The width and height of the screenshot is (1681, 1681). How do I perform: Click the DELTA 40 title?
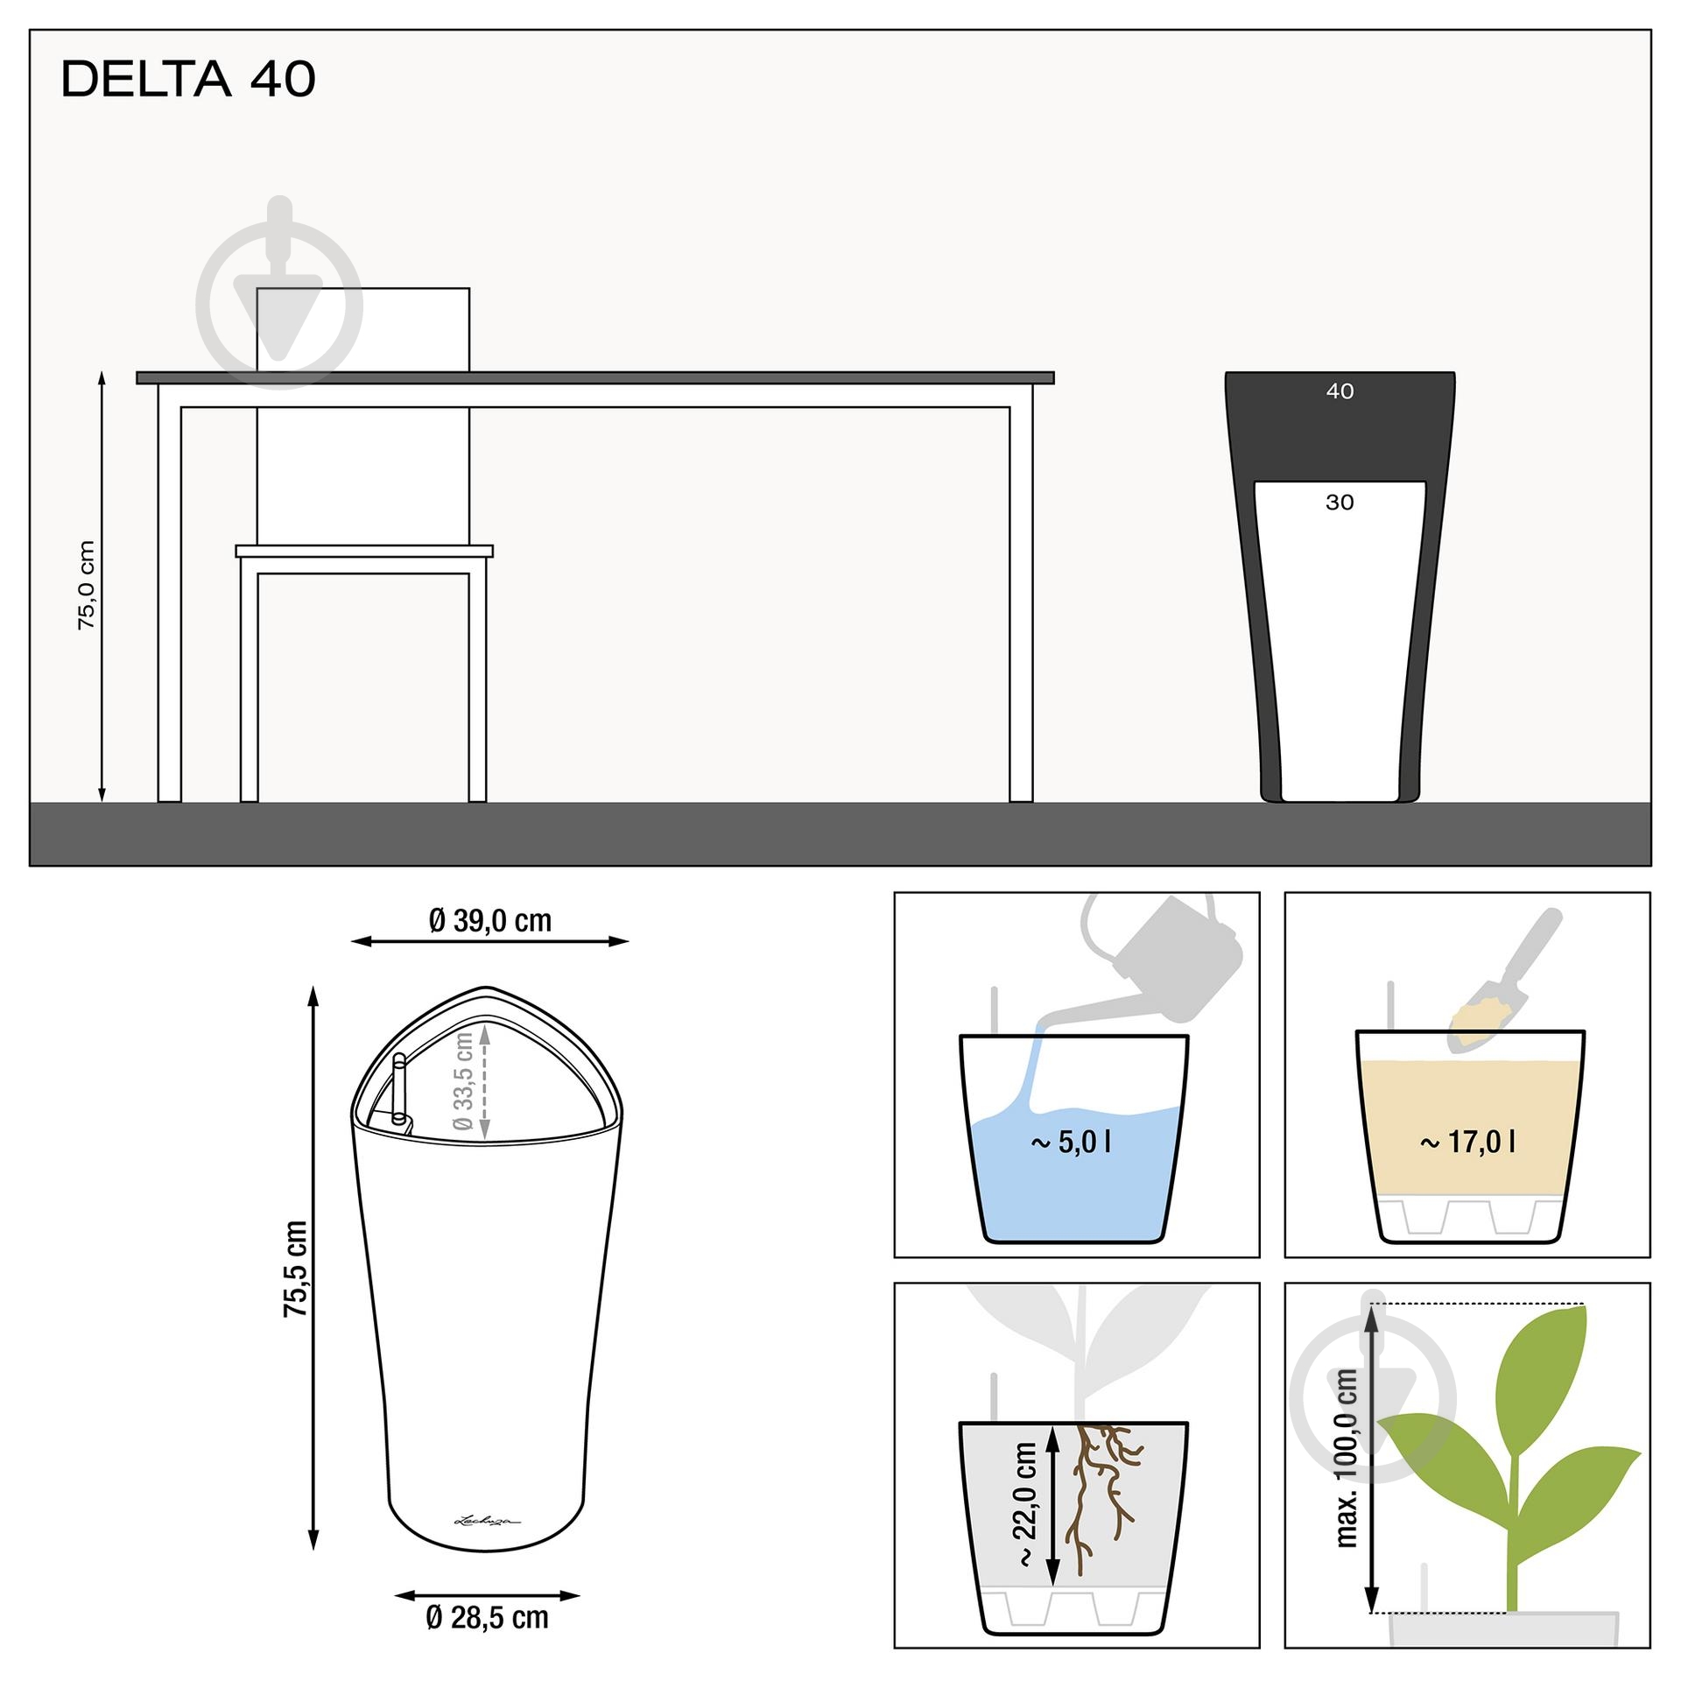pos(188,79)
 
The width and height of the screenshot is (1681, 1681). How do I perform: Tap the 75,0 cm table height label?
pos(86,585)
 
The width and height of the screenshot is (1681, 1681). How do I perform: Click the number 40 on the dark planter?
pos(1340,391)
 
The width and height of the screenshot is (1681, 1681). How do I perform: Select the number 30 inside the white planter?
pos(1340,503)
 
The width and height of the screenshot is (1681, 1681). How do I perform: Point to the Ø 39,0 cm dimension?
pos(490,920)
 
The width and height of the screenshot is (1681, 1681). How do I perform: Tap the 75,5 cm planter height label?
pos(296,1269)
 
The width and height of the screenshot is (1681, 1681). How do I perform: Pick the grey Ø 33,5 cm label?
pos(463,1081)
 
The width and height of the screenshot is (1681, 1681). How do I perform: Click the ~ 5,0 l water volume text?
pos(1071,1142)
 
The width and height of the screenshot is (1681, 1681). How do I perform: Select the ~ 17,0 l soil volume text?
pos(1467,1142)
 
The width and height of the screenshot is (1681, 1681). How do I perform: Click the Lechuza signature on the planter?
pos(487,1520)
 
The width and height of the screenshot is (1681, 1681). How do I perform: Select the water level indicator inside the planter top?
pos(399,1090)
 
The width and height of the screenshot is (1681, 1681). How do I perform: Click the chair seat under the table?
pos(364,551)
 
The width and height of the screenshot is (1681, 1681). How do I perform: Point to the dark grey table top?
pos(595,378)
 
